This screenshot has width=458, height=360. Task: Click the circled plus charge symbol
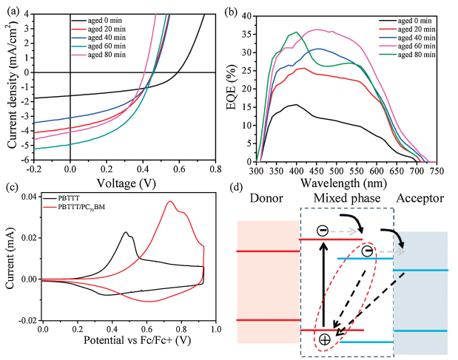pyautogui.click(x=324, y=339)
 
